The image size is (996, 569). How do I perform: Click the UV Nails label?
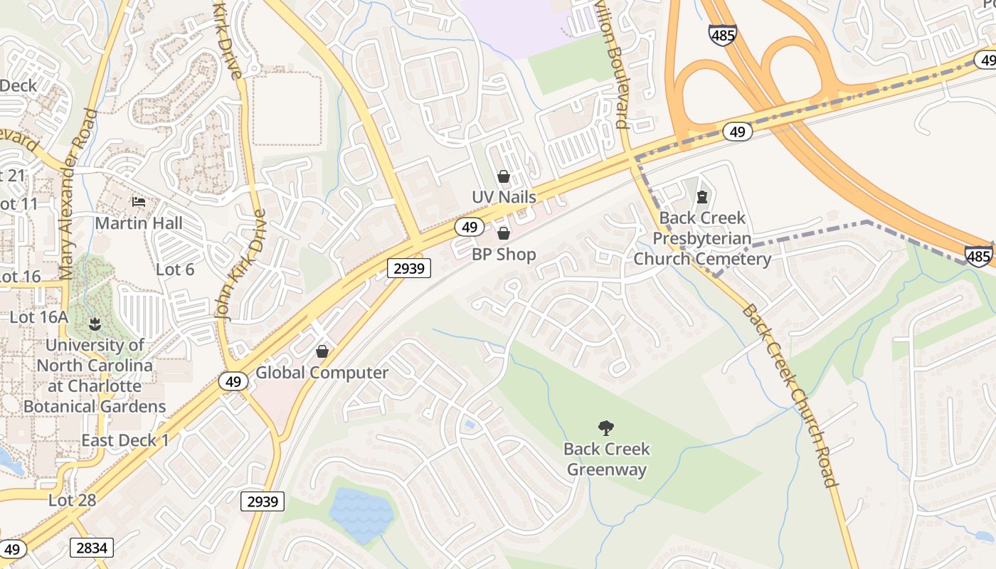point(504,196)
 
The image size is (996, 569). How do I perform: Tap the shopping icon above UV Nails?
point(504,176)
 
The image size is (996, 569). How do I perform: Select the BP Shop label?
point(504,254)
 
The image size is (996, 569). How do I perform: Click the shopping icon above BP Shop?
point(504,233)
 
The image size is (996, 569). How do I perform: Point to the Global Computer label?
point(322,373)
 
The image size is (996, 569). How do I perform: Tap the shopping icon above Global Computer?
point(322,351)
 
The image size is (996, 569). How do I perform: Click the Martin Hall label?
point(139,223)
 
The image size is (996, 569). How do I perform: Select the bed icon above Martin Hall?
point(139,203)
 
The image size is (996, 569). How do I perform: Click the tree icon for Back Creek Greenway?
point(606,427)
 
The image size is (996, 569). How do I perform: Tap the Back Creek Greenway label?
point(607,459)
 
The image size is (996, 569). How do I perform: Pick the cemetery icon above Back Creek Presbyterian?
point(702,196)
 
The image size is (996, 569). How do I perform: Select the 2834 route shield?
point(92,547)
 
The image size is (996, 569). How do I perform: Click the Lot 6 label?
point(175,270)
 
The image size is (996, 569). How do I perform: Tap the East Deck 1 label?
point(125,440)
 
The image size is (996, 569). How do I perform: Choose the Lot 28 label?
point(72,500)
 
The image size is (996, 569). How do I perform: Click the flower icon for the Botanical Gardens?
point(94,325)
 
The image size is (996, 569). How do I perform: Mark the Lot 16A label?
point(38,317)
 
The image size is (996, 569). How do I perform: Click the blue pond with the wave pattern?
point(360,514)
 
